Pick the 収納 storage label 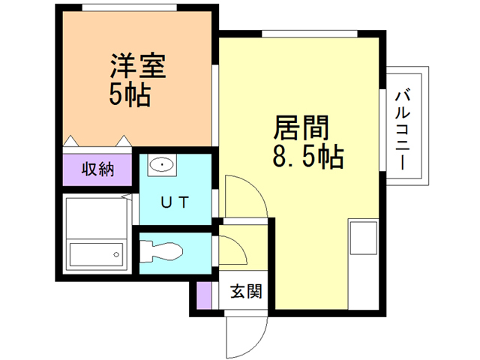pyautogui.click(x=97, y=169)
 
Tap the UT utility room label pyautogui.click(x=175, y=202)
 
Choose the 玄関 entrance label pyautogui.click(x=245, y=291)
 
